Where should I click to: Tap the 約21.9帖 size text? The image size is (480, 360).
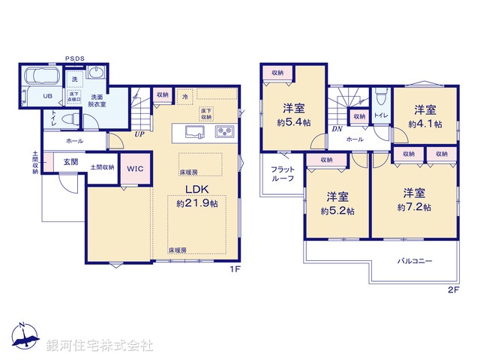pos(197,203)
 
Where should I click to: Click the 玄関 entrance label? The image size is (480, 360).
pos(71,161)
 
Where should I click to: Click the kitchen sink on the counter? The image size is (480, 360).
pos(193,133)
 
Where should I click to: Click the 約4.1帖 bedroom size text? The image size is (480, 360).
pos(424,123)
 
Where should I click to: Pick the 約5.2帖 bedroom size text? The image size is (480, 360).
pos(337,211)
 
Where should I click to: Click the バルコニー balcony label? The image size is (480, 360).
pos(415,262)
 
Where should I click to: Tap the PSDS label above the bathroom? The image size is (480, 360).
pos(74,58)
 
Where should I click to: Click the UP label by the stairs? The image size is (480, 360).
pos(139,135)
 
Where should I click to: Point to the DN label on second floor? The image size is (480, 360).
pos(336,129)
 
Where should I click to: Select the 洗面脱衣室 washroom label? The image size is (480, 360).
pos(98,102)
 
